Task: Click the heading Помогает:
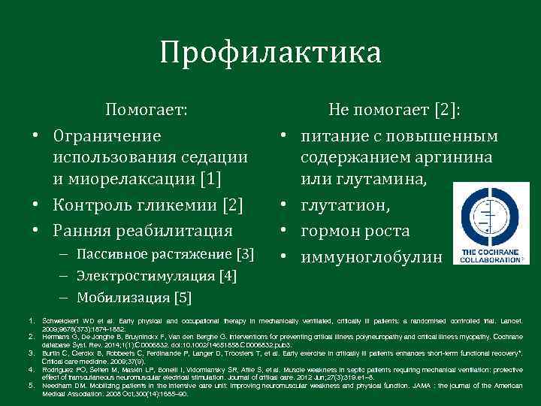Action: (x=146, y=110)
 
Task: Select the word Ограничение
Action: (x=107, y=137)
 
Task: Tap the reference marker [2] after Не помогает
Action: (x=447, y=111)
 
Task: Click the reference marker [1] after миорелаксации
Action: (x=210, y=179)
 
